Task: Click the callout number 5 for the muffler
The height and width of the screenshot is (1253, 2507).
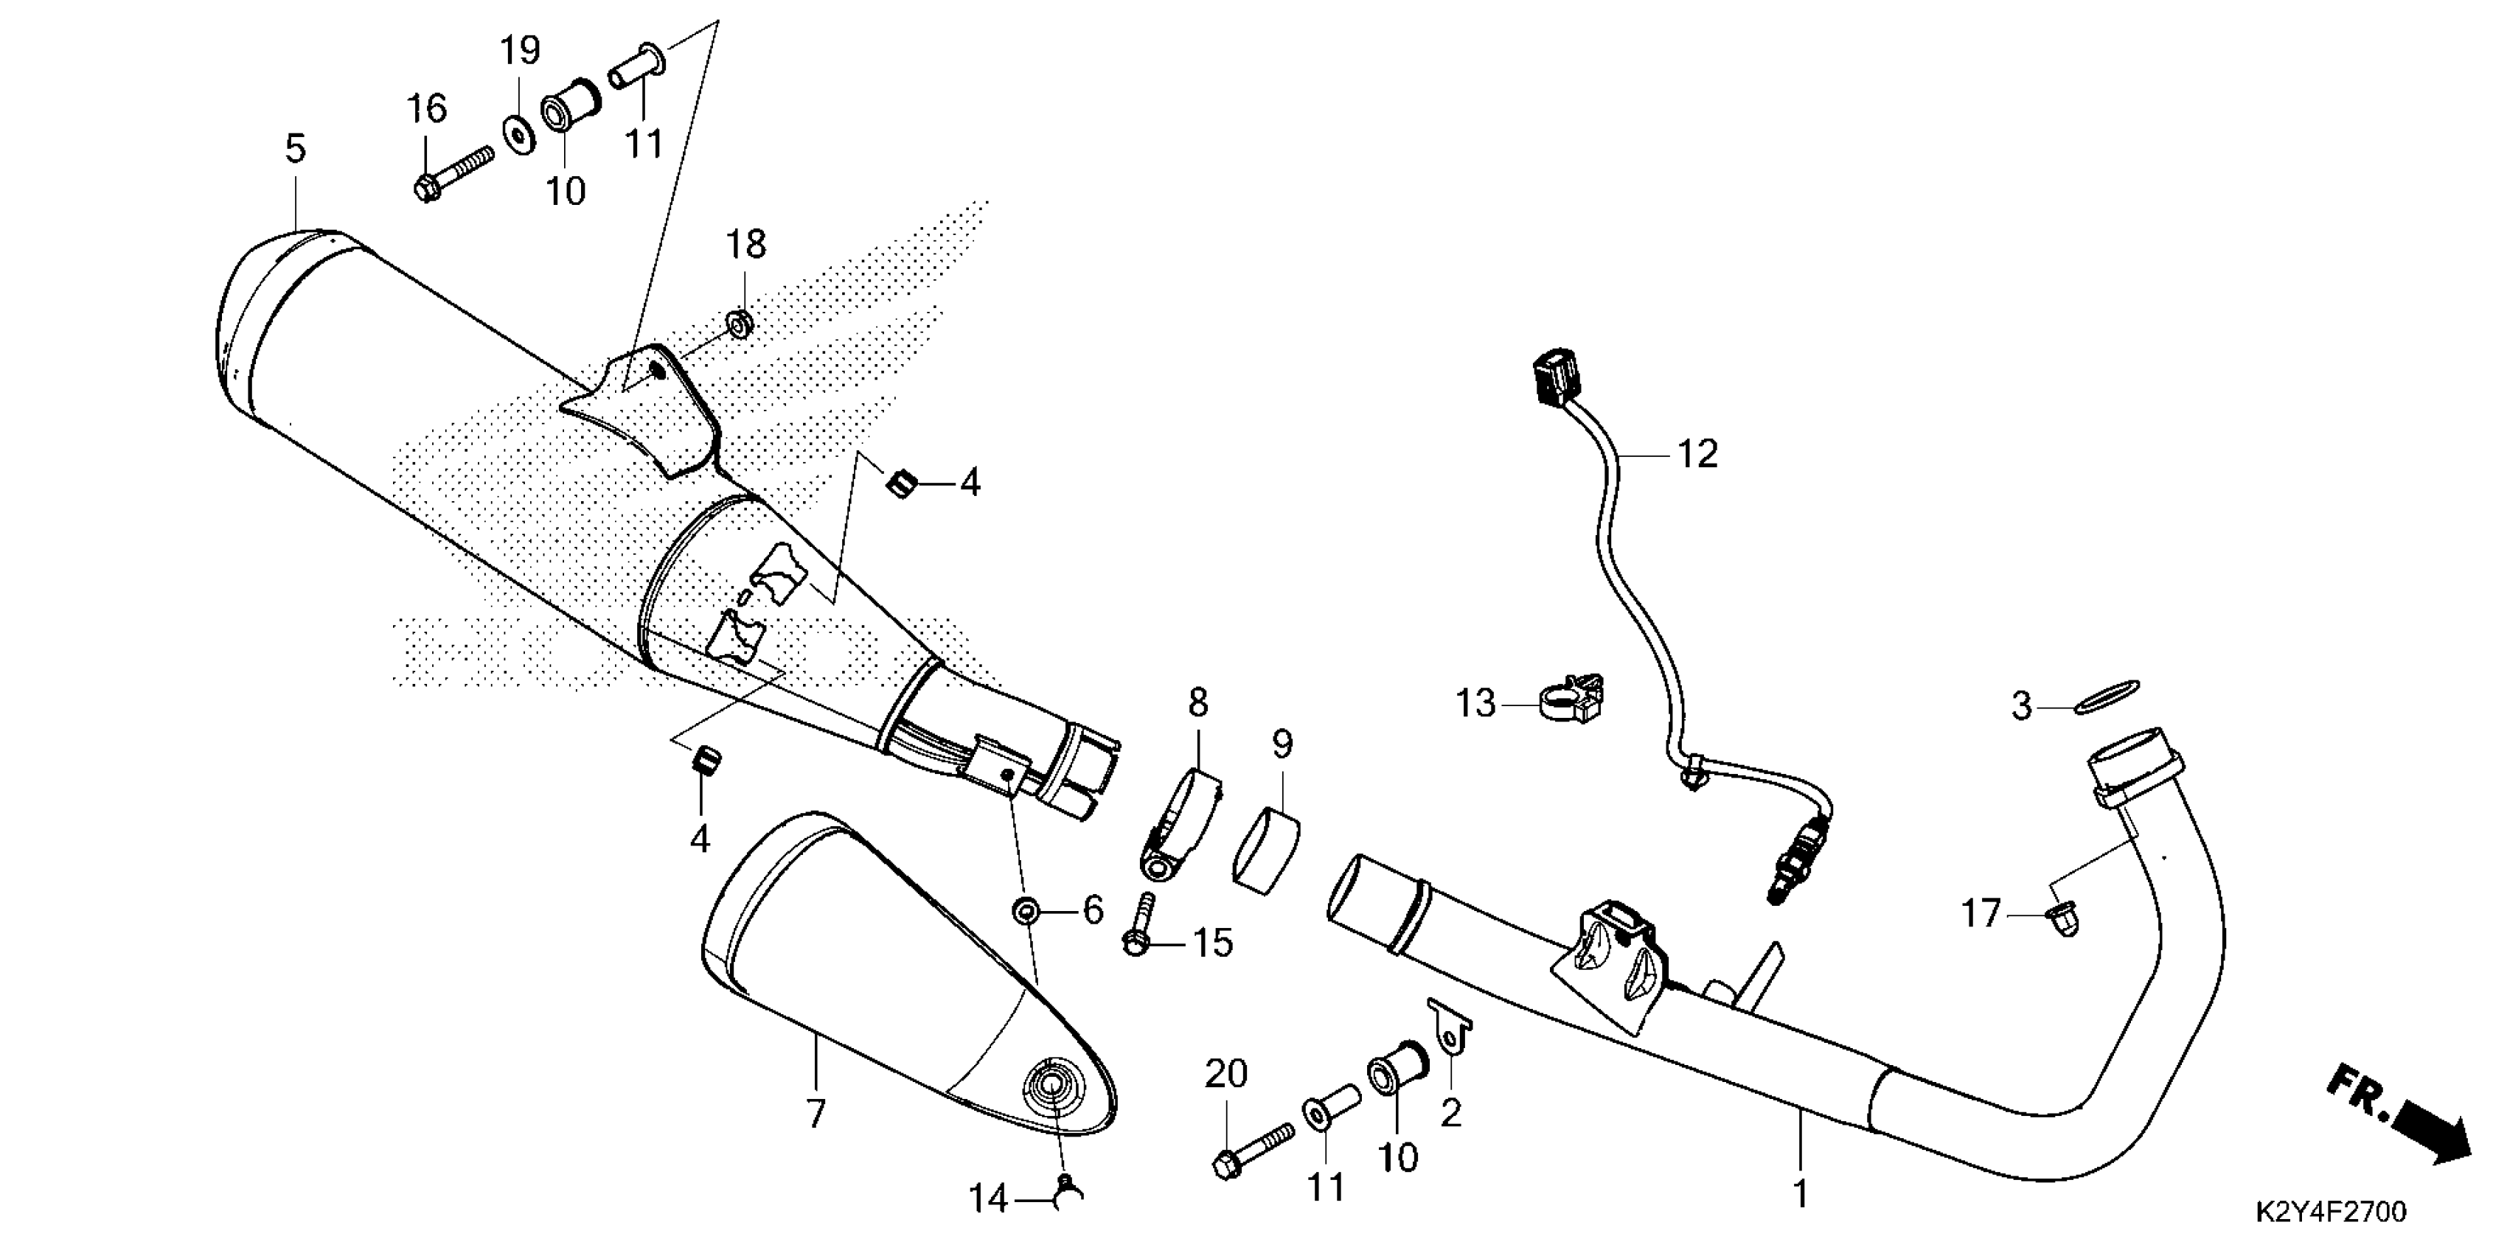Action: pos(295,149)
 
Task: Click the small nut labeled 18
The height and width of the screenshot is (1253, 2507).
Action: pos(740,322)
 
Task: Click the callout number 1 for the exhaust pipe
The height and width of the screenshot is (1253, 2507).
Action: pos(1801,1193)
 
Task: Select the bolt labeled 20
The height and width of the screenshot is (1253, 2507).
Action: pos(1253,1148)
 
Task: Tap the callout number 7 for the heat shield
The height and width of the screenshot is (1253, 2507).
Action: pos(816,1113)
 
